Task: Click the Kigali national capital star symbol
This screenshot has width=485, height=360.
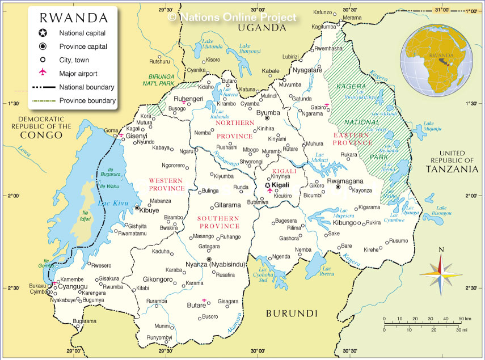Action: click(x=268, y=185)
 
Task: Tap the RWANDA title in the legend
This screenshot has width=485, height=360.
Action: click(x=73, y=18)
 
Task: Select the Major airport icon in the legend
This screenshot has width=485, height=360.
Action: click(x=43, y=73)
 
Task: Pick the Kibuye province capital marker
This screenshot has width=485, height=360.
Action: click(x=137, y=208)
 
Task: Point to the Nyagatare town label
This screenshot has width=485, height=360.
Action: click(x=307, y=70)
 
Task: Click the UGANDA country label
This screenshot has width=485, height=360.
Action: click(x=260, y=27)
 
